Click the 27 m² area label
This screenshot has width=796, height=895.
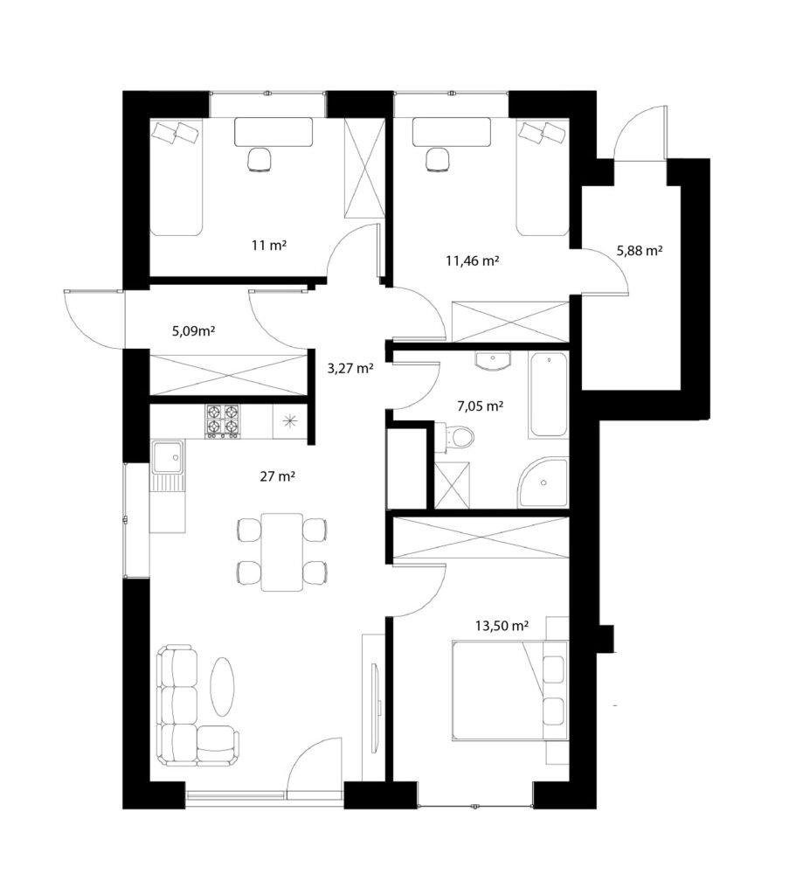point(277,476)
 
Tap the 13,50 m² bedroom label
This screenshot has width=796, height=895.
point(502,626)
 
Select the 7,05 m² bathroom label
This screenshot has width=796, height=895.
point(481,406)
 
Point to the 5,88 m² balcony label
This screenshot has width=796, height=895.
point(640,250)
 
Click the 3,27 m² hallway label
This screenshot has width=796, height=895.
point(350,368)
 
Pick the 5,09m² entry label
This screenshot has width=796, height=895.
point(193,330)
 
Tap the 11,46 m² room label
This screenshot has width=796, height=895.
point(473,260)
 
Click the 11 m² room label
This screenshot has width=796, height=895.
point(269,246)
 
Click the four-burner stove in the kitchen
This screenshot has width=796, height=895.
point(222,421)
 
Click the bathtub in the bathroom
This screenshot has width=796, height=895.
point(549,394)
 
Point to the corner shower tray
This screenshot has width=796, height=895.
point(543,482)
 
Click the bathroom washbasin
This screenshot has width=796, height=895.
point(493,361)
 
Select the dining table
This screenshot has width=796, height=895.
point(282,552)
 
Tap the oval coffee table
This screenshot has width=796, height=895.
point(222,686)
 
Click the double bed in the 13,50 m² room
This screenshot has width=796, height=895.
point(510,690)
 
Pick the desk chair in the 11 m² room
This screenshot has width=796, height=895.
point(259,159)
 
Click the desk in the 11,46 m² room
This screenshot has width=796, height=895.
point(452,132)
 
